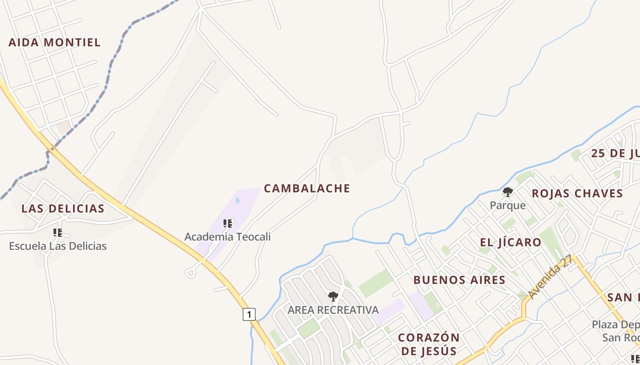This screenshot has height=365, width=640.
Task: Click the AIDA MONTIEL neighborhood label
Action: [x=54, y=42]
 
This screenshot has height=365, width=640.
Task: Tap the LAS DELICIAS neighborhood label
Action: [x=63, y=209]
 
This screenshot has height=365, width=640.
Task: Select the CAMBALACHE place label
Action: [x=307, y=188]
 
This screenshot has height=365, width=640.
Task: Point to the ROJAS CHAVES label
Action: [x=577, y=193]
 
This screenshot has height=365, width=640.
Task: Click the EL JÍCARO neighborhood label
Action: [x=511, y=242]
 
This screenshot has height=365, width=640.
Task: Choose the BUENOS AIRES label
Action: [x=459, y=280]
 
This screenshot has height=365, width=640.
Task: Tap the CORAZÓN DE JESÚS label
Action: [x=428, y=344]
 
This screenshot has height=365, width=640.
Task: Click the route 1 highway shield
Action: [x=249, y=314]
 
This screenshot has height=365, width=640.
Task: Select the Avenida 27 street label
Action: [x=549, y=277]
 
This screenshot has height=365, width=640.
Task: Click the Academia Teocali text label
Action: [x=227, y=237]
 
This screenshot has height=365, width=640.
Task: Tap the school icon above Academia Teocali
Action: [x=228, y=224]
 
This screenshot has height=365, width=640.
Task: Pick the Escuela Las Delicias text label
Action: [x=58, y=246]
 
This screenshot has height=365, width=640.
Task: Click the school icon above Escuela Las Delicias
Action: [x=58, y=233]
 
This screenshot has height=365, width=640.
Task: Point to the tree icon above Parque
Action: [x=507, y=192]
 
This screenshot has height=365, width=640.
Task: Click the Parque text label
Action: [x=507, y=205]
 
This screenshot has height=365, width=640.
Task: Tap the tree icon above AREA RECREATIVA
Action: [x=333, y=297]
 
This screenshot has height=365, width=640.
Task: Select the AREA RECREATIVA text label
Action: [x=333, y=310]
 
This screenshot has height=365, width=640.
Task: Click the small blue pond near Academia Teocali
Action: [x=237, y=200]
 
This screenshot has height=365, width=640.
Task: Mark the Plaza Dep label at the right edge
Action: [x=615, y=325]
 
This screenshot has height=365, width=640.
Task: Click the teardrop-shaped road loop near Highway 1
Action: [x=191, y=272]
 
